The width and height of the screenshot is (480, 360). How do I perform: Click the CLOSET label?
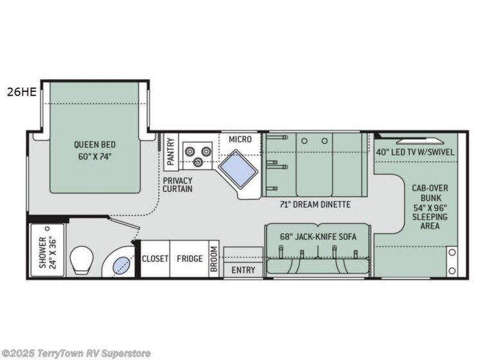(155, 259)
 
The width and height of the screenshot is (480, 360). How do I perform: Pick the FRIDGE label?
(191, 259)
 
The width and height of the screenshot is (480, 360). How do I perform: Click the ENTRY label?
(243, 270)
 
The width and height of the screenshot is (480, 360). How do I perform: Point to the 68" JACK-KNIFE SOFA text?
(318, 237)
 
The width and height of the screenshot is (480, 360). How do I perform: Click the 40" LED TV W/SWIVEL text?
(416, 152)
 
